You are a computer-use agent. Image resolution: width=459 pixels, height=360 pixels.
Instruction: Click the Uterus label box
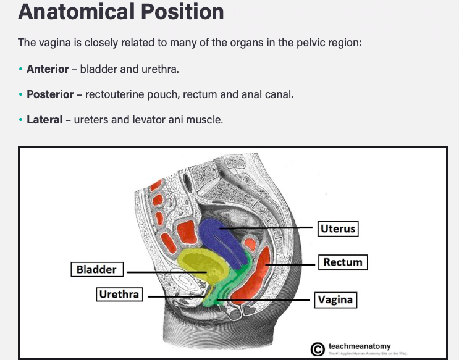point(338,229)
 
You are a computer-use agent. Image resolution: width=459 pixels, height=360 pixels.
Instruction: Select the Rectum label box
point(343,262)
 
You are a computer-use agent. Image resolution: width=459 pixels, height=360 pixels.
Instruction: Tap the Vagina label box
point(335,300)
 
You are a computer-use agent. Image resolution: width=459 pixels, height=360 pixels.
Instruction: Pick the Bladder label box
point(96,270)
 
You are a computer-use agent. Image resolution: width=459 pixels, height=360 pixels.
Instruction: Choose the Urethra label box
point(119,295)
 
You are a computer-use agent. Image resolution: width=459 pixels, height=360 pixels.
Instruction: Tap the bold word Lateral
point(44,120)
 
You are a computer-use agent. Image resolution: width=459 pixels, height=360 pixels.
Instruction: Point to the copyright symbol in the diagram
point(318,349)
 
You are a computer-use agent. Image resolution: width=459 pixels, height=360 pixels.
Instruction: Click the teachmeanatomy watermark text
point(360,346)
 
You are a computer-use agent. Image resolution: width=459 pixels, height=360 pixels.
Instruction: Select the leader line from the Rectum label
point(290,264)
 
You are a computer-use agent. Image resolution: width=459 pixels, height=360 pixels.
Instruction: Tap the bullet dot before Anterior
point(20,69)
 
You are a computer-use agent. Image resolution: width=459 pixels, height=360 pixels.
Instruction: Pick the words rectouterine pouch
point(127,94)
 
